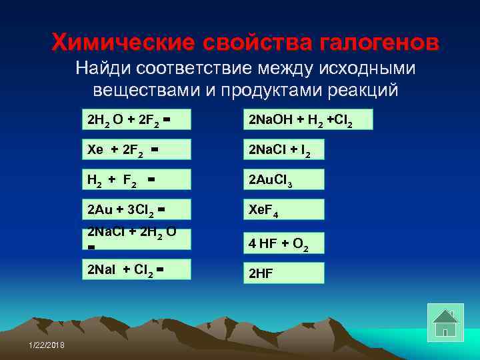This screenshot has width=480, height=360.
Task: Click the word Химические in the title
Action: [x=122, y=43]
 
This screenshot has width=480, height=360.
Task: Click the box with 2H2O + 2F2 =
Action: [x=136, y=120]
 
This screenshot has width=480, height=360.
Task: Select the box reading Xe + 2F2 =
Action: [x=136, y=150]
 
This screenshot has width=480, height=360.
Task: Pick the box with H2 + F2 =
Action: [x=136, y=180]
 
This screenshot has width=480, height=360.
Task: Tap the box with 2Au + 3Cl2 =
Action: [x=136, y=209]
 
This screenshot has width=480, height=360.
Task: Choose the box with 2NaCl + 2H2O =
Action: [x=136, y=239]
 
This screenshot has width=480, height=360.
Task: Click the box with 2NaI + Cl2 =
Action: [x=136, y=269]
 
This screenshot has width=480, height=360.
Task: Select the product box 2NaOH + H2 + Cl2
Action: [x=307, y=120]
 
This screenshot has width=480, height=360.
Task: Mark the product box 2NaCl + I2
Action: [x=283, y=150]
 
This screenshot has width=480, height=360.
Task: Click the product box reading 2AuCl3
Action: [x=283, y=180]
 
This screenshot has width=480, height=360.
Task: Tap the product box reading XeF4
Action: [x=283, y=209]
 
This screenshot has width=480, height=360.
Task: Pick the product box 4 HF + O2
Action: [x=283, y=243]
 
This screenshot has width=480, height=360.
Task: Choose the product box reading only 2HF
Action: [x=283, y=273]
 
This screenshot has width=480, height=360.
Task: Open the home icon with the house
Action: [x=445, y=322]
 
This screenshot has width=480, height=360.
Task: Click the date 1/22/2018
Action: [x=47, y=343]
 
